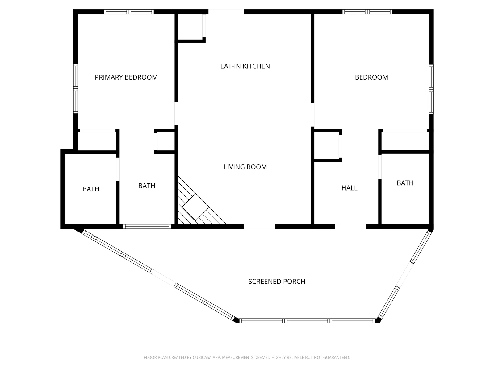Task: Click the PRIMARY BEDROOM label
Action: pyautogui.click(x=126, y=77)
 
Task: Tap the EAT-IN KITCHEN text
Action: pyautogui.click(x=245, y=66)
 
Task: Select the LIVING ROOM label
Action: pyautogui.click(x=245, y=167)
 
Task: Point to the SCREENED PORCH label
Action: pyautogui.click(x=277, y=281)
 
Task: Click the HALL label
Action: pyautogui.click(x=349, y=188)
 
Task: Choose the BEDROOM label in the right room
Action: pyautogui.click(x=371, y=77)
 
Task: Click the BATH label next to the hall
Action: pyautogui.click(x=405, y=183)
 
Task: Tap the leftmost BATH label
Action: pyautogui.click(x=91, y=189)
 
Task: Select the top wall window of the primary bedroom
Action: pyautogui.click(x=129, y=11)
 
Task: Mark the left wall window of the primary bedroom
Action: pyautogui.click(x=76, y=88)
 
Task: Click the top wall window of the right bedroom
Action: pyautogui.click(x=367, y=11)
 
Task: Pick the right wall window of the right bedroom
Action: pyautogui.click(x=431, y=89)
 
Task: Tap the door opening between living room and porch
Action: pyautogui.click(x=259, y=226)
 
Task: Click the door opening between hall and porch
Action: pyautogui.click(x=351, y=226)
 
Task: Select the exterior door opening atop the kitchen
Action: pyautogui.click(x=226, y=11)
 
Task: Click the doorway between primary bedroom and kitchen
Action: pyautogui.click(x=176, y=113)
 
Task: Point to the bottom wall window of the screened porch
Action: pyautogui.click(x=307, y=321)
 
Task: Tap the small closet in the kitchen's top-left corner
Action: pyautogui.click(x=190, y=27)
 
